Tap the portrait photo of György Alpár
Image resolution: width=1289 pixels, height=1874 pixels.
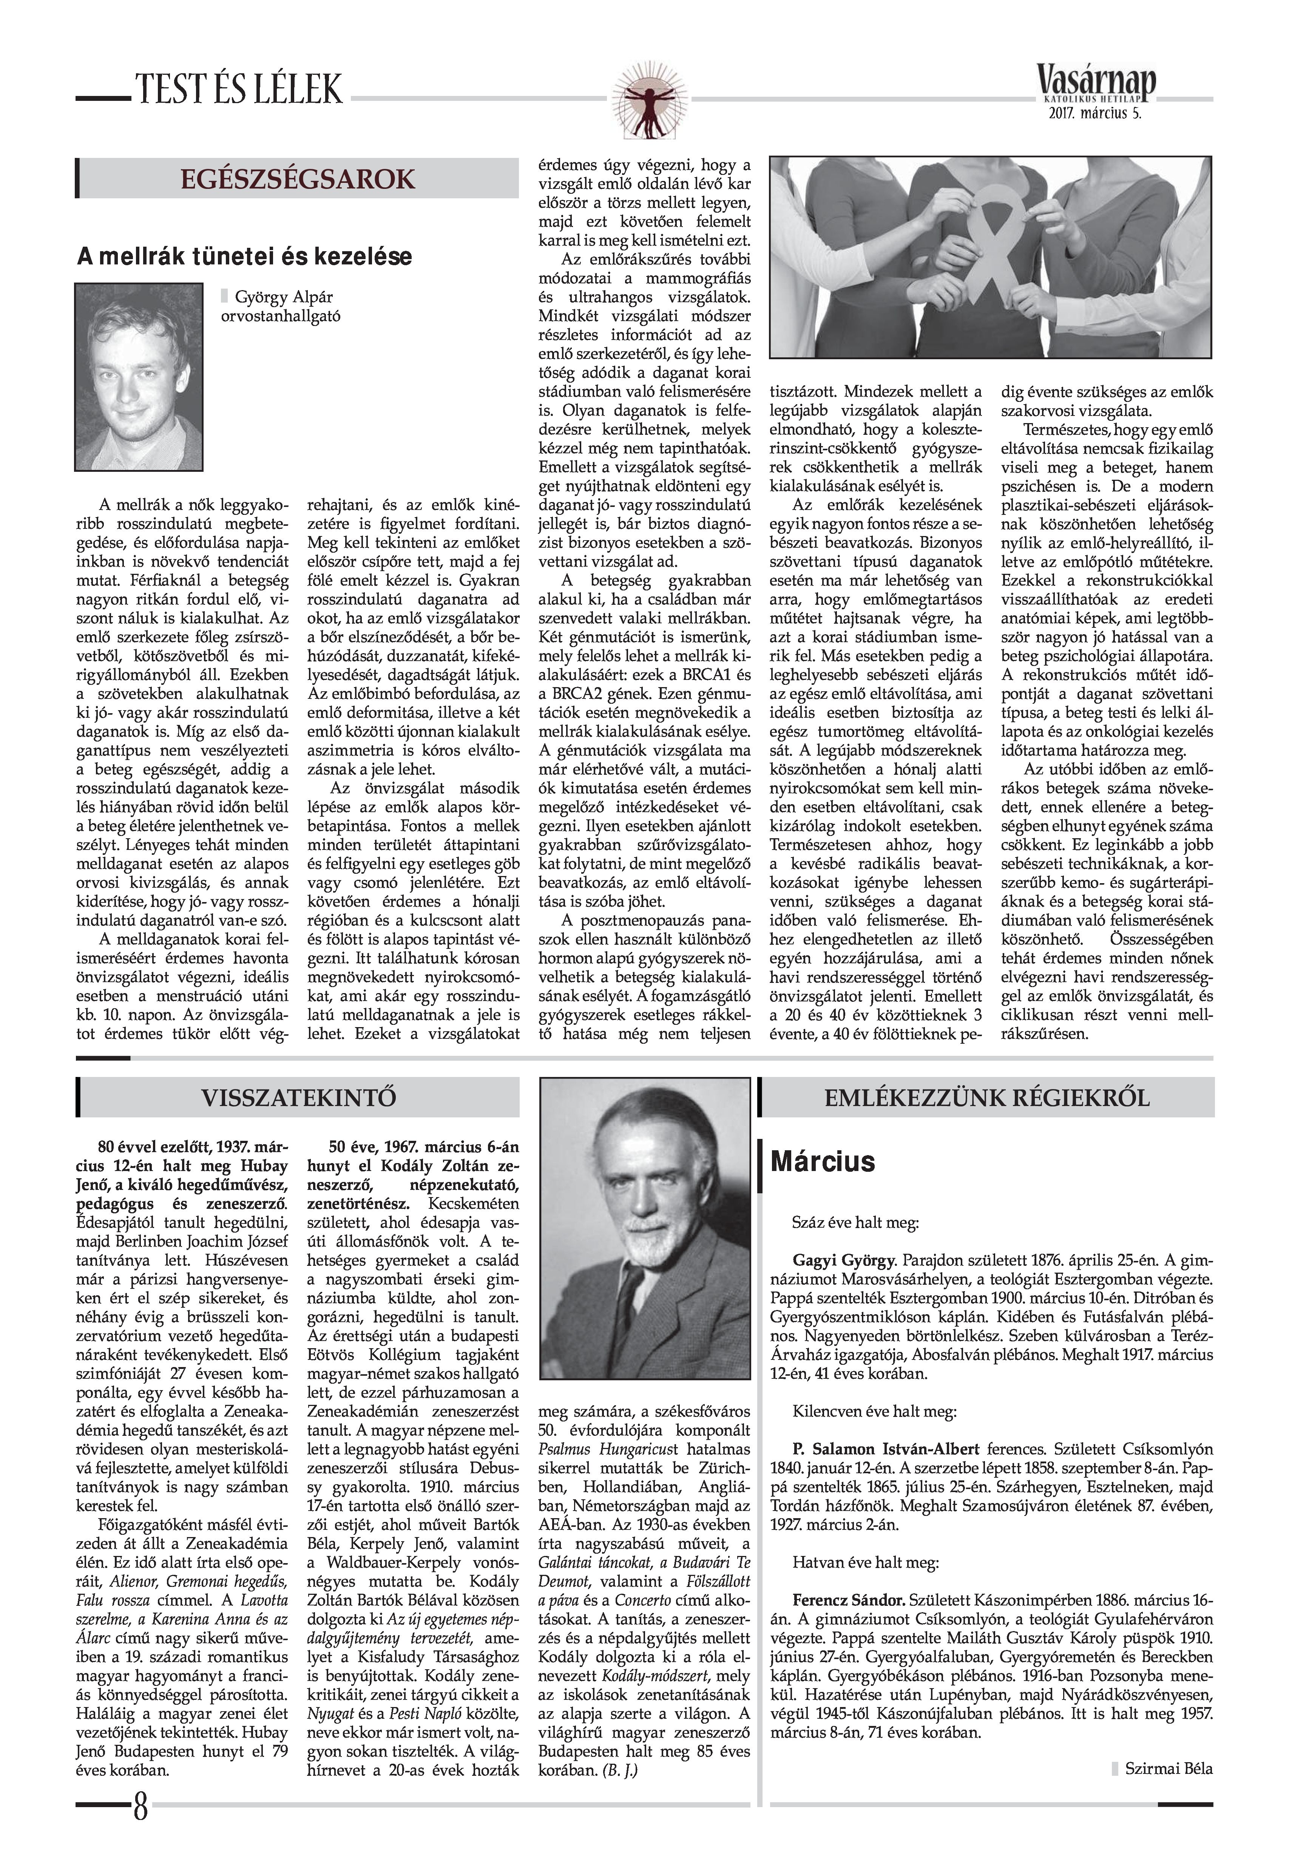point(139,376)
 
